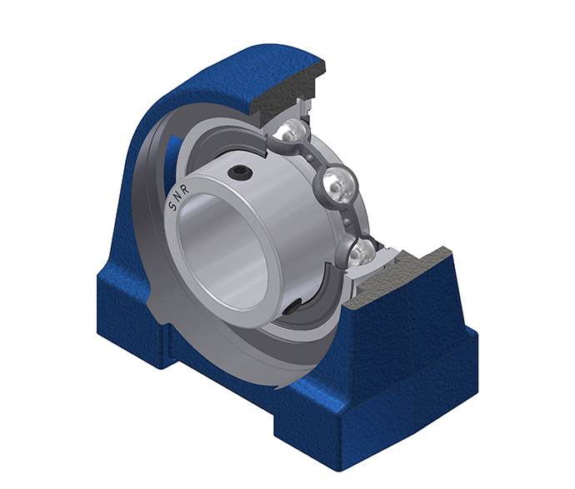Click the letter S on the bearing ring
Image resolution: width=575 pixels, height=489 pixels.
point(172,207)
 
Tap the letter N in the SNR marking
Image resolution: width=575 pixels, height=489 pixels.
point(177,198)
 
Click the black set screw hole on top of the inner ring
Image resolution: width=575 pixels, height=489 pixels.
point(239,172)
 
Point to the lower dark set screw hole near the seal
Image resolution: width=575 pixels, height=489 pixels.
point(294,306)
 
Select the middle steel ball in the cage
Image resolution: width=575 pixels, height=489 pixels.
point(339,185)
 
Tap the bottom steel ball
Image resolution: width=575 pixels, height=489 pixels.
point(358,252)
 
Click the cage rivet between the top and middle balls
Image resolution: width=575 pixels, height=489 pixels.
point(312,157)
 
